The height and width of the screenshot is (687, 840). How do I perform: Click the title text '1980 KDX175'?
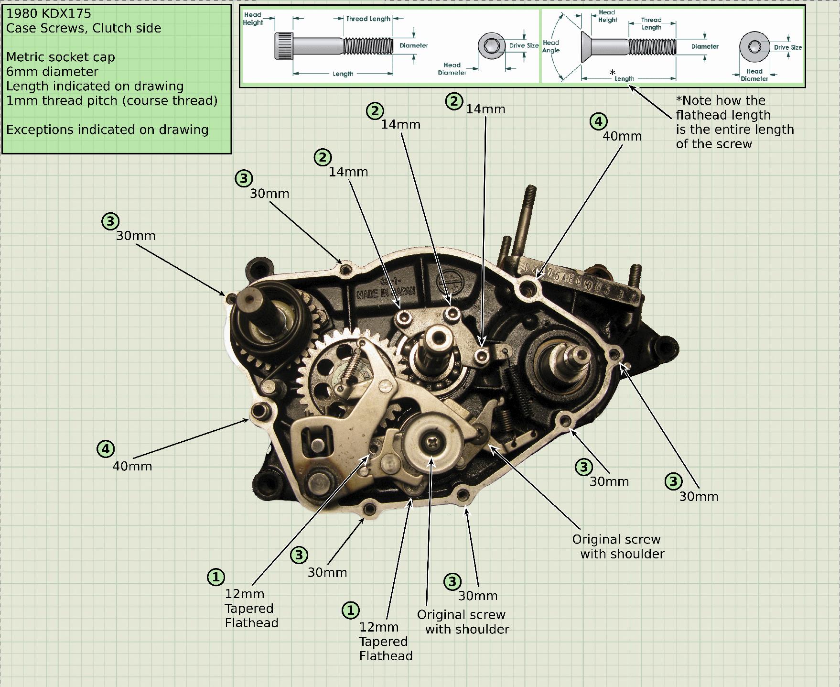coord(48,13)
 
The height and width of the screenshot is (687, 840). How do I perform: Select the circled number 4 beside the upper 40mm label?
coord(598,121)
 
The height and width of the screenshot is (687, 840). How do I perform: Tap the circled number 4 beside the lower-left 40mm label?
coord(106,449)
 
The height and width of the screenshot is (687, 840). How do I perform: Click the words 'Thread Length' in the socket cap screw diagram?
coord(368,19)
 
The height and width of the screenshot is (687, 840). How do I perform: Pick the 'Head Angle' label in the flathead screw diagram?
coord(551,46)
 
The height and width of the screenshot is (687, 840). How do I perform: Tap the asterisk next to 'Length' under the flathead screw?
coord(612,73)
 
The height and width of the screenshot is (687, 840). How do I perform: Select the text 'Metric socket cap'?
coord(61,57)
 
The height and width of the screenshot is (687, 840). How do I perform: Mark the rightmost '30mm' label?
coord(699,497)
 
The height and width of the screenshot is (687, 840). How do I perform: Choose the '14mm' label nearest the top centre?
coord(485,109)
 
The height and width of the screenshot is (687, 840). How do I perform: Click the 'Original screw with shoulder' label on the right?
coord(618,547)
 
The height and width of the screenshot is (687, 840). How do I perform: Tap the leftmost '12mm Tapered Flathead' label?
coord(251,608)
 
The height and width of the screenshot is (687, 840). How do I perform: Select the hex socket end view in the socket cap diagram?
coord(491,46)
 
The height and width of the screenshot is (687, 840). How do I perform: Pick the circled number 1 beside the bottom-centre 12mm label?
coord(350,610)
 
